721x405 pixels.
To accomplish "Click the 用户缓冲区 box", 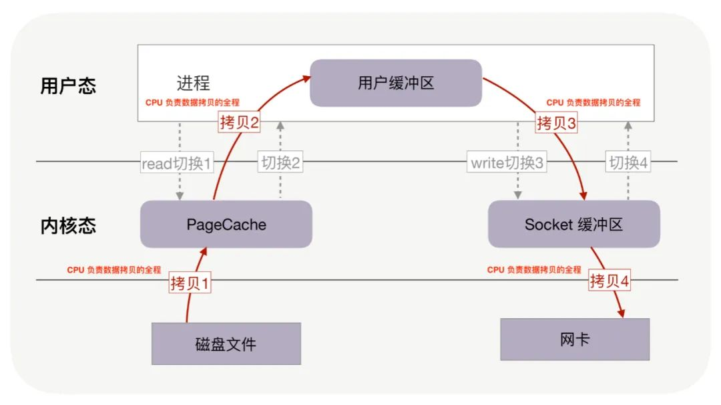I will click(396, 83).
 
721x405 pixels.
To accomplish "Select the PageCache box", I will click(226, 225).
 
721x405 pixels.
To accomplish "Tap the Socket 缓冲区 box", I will click(573, 225).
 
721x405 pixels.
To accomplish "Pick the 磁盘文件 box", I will click(226, 344).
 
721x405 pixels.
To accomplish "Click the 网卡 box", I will click(575, 340).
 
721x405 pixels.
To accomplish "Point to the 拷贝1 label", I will click(190, 283).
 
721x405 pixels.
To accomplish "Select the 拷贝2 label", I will click(238, 123).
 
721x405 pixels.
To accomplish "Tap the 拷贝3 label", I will click(556, 123).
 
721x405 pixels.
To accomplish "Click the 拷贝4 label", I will click(610, 281).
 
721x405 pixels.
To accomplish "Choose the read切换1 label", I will click(176, 163).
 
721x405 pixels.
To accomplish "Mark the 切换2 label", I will click(280, 163).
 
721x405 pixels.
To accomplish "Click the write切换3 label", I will click(507, 163).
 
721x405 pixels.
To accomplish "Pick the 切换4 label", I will click(628, 163).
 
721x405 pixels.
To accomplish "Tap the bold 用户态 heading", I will click(68, 86).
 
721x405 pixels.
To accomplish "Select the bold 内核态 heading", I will click(68, 225).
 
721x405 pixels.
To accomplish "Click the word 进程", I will click(193, 83).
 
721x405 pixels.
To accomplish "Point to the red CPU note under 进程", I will click(192, 103).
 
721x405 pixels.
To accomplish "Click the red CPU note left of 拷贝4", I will click(534, 270).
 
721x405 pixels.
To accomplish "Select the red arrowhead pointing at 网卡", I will click(622, 313).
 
